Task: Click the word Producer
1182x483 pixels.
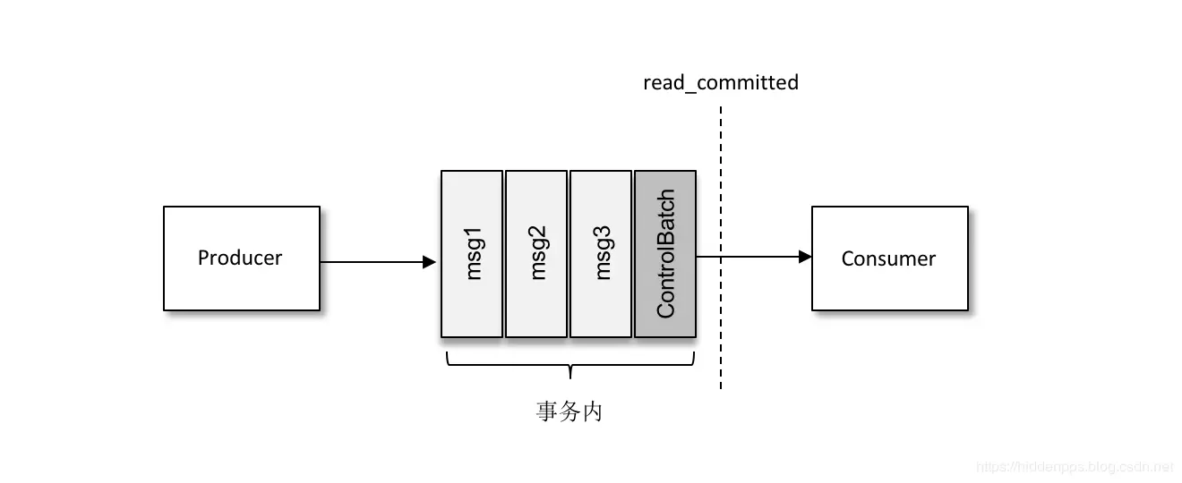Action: pyautogui.click(x=240, y=258)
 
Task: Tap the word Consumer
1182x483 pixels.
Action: pyautogui.click(x=888, y=259)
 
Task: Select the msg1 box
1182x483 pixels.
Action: pyautogui.click(x=472, y=254)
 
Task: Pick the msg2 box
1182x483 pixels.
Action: pyautogui.click(x=536, y=254)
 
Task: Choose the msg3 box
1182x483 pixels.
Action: pyautogui.click(x=601, y=254)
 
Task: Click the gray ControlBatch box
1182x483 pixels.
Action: pyautogui.click(x=665, y=254)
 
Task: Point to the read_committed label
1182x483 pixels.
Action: pyautogui.click(x=721, y=83)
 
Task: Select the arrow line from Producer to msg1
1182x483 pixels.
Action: pyautogui.click(x=372, y=262)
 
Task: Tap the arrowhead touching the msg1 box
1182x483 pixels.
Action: pyautogui.click(x=430, y=262)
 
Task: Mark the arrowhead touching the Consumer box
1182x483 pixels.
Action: pyautogui.click(x=805, y=257)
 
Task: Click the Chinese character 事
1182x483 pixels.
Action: pyautogui.click(x=547, y=412)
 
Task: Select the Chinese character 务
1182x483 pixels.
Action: pyautogui.click(x=570, y=412)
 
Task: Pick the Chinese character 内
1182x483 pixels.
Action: pyautogui.click(x=592, y=412)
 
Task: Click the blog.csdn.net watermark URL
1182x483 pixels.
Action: pyautogui.click(x=1074, y=467)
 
